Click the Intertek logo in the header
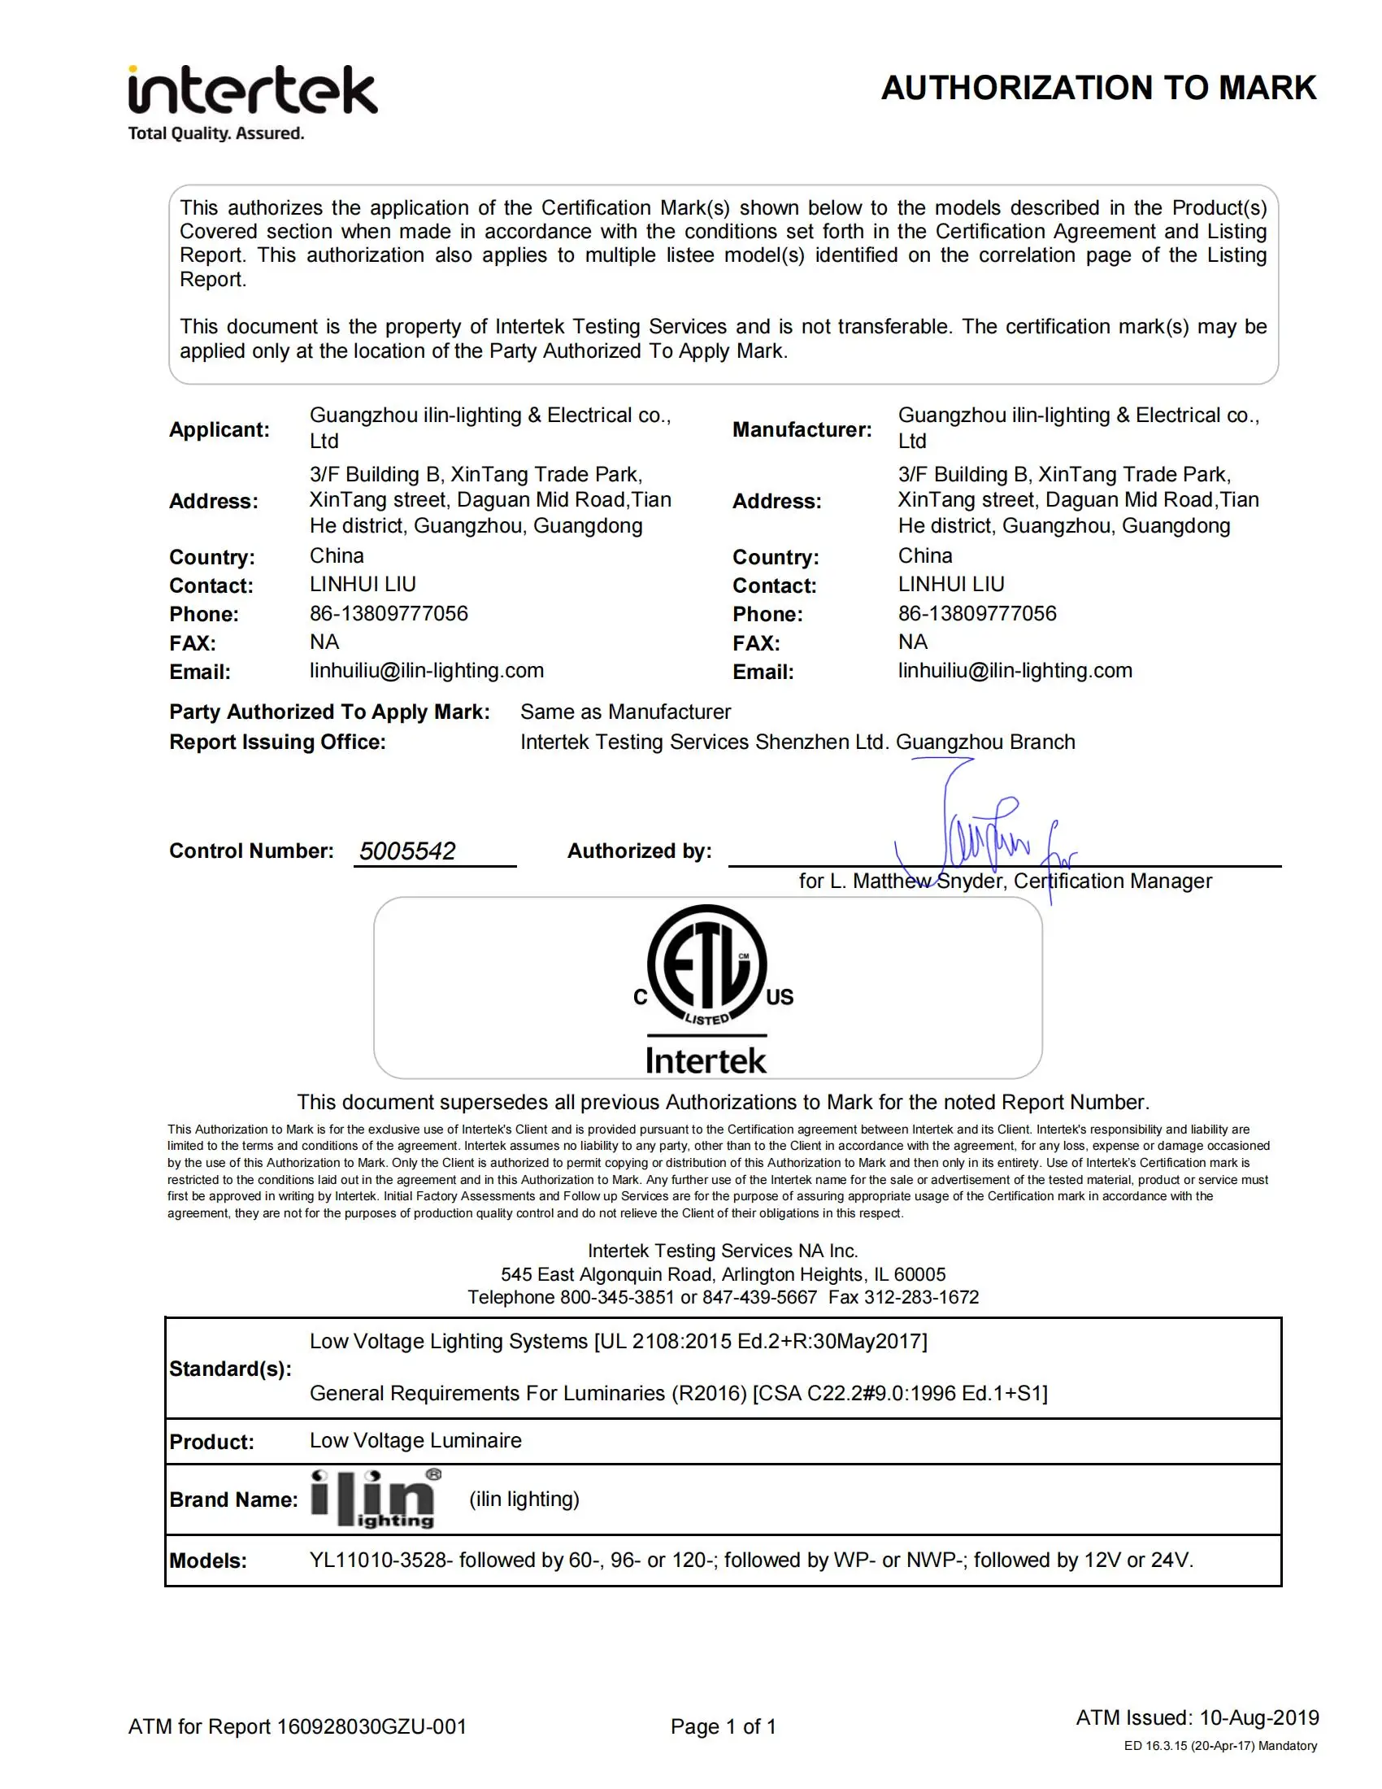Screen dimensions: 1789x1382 (x=252, y=90)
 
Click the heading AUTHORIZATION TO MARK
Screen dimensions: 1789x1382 (x=1098, y=89)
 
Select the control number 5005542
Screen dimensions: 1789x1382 (x=407, y=851)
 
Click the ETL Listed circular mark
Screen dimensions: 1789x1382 (x=706, y=965)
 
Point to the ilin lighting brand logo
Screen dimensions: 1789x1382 (x=375, y=1499)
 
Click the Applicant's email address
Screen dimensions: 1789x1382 (x=426, y=671)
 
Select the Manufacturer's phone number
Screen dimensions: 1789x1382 (x=976, y=613)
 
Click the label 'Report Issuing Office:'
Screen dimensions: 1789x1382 (x=276, y=742)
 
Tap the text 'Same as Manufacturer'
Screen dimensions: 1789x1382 (x=625, y=712)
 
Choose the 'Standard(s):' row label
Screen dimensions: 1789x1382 (x=230, y=1369)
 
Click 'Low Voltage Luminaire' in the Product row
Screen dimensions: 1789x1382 (x=415, y=1441)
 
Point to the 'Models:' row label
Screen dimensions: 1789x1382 (x=208, y=1560)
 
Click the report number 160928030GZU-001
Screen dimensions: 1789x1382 (x=372, y=1726)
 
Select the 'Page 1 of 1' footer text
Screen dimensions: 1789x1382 (x=723, y=1726)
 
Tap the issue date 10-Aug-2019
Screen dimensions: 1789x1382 (x=1259, y=1717)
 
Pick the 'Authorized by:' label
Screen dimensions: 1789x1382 (x=640, y=851)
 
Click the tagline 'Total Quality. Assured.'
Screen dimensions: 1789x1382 (x=216, y=133)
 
